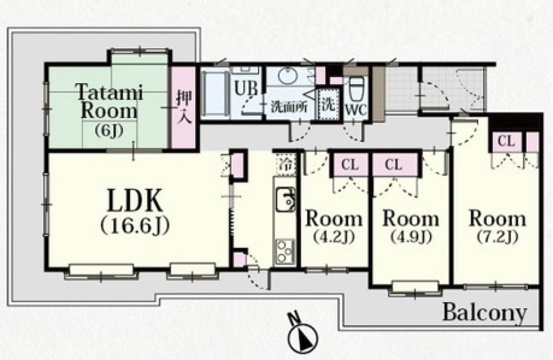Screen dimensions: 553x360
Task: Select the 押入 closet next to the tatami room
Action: pos(184,107)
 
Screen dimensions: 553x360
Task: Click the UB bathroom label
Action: pos(246,88)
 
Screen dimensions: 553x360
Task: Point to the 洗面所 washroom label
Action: pos(289,107)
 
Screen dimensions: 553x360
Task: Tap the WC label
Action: pos(355,110)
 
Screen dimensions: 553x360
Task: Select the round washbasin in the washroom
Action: pos(288,75)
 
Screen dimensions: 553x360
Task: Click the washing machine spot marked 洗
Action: pos(329,105)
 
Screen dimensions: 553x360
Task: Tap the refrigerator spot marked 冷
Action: pos(286,164)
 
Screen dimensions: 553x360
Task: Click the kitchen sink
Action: pos(286,199)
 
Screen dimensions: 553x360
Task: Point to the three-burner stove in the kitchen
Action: pos(285,252)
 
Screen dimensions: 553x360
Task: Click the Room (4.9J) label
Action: pos(411,226)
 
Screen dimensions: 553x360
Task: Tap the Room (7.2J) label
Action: pos(497,226)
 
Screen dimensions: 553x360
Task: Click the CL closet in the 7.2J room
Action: pos(507,142)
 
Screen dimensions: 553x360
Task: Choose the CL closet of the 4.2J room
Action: pos(350,165)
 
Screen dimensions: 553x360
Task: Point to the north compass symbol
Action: pos(302,337)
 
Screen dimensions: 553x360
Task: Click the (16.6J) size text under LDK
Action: pos(135,225)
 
